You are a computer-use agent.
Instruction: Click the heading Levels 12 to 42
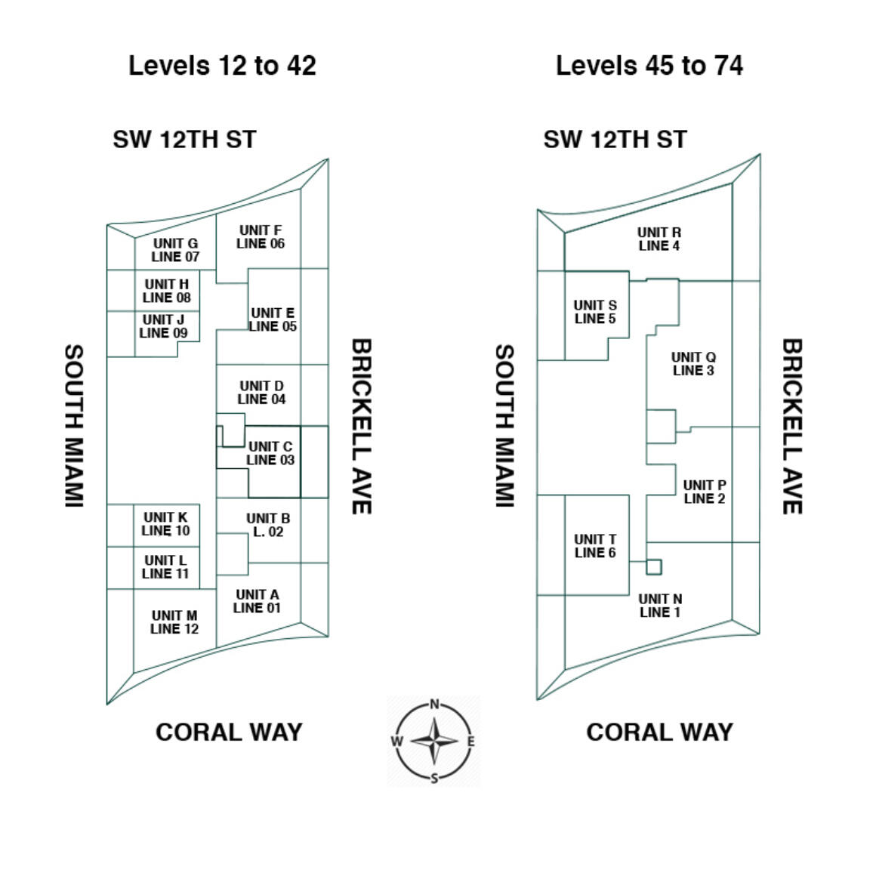222,66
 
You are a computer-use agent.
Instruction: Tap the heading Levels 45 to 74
649,66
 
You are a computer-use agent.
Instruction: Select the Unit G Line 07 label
175,250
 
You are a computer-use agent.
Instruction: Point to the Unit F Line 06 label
261,237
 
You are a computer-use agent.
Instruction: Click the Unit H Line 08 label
167,291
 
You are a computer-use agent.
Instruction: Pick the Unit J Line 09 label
163,326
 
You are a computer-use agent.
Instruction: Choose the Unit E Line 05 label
273,319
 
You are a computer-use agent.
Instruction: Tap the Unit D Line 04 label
261,393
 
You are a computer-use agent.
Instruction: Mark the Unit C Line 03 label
270,453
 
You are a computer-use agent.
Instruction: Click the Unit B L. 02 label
268,525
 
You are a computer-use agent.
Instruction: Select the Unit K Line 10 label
165,524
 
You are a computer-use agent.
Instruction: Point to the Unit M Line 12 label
174,622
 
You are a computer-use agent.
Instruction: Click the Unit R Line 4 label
659,239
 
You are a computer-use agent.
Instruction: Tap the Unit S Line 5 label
595,312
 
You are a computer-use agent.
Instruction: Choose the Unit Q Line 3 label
693,363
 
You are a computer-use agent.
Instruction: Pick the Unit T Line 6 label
595,546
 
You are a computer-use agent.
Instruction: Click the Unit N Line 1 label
660,606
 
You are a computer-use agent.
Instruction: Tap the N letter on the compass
434,705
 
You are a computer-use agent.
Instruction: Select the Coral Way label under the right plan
659,732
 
